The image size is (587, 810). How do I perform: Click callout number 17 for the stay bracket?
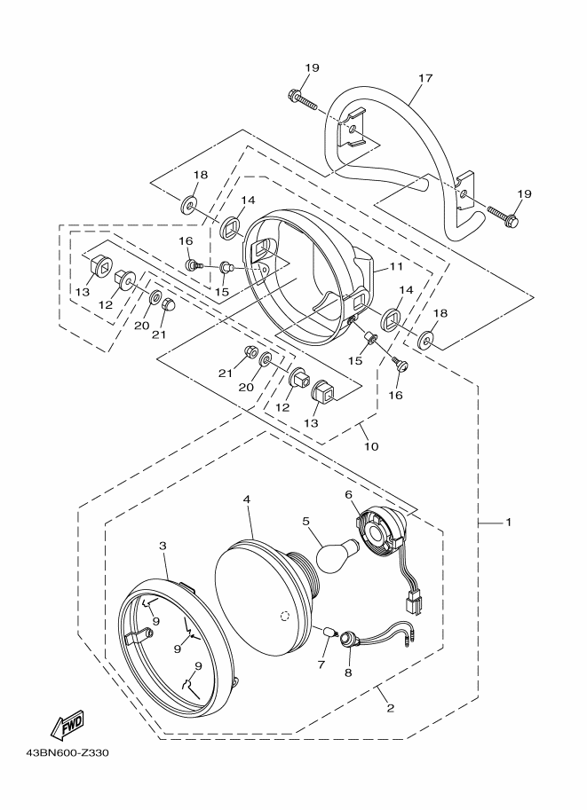(x=424, y=78)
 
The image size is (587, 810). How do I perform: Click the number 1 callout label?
(x=508, y=523)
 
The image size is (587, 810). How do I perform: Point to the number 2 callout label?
(x=389, y=706)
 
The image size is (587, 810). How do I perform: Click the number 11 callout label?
(x=394, y=265)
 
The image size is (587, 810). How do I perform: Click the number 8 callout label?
(x=347, y=672)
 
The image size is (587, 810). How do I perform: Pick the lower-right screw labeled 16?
(x=400, y=363)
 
